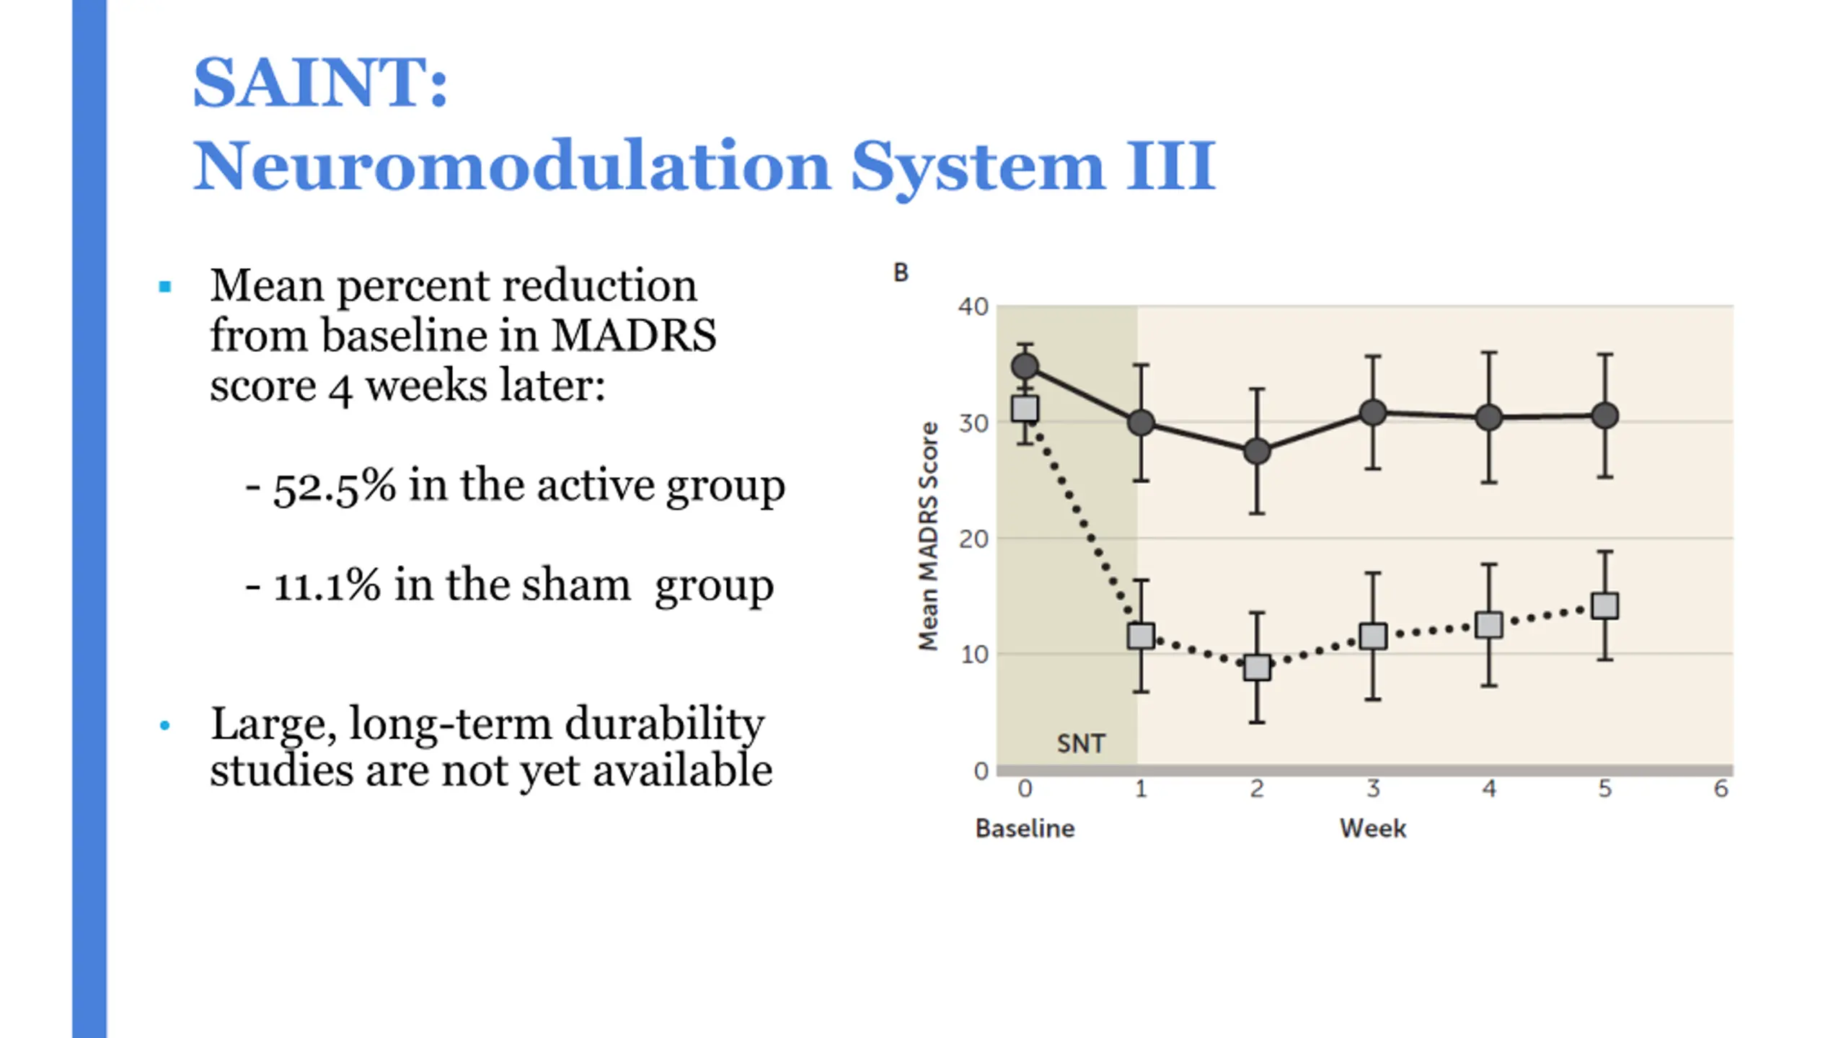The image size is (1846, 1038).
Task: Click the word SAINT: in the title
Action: [x=321, y=83]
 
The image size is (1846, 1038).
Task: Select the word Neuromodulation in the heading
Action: [x=512, y=167]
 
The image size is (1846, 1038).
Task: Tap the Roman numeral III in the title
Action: [x=1172, y=167]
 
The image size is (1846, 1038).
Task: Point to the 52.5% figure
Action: [x=335, y=486]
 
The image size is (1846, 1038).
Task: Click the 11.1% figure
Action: [x=327, y=585]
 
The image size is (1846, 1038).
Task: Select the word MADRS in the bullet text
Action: [x=635, y=336]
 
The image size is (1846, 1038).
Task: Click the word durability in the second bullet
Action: [x=664, y=724]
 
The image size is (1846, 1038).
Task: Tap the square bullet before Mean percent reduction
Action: [x=165, y=287]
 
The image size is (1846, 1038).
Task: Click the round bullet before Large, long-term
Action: [x=165, y=726]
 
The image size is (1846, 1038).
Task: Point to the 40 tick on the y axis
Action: [x=973, y=307]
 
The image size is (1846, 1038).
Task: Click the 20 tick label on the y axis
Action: [x=973, y=539]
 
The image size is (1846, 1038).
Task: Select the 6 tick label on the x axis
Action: [x=1721, y=789]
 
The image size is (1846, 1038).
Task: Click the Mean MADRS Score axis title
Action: [x=929, y=536]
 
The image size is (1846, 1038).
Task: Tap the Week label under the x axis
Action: [x=1373, y=828]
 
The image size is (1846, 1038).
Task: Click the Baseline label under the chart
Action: [x=1025, y=828]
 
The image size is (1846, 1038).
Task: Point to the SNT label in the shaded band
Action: [x=1081, y=744]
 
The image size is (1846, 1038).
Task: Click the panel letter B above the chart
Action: [x=901, y=272]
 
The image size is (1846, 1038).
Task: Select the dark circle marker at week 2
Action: [x=1257, y=451]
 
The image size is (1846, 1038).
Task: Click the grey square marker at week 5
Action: [x=1605, y=606]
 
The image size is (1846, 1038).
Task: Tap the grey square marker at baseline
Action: [x=1025, y=409]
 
